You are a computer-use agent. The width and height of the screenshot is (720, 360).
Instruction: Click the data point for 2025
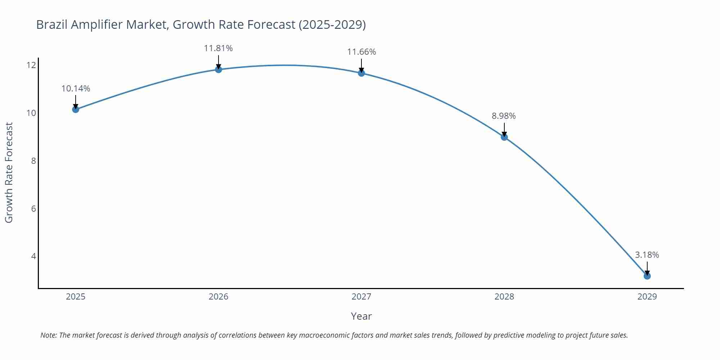pos(76,109)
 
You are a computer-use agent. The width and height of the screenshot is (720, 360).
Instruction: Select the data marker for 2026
pos(219,69)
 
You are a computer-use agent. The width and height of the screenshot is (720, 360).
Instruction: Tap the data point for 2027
pos(361,73)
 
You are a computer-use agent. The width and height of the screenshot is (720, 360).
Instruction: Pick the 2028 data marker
pos(504,137)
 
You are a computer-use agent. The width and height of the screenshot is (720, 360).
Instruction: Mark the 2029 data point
pos(647,276)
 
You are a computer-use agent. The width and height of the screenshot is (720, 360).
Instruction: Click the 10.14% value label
pos(76,89)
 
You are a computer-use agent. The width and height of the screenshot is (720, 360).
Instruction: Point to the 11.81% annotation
pos(219,48)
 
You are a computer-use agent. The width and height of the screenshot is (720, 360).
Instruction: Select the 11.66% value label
pos(361,52)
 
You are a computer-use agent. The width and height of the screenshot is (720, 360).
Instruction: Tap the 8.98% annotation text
pos(504,116)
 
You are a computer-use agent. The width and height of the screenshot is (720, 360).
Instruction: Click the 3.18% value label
pos(647,255)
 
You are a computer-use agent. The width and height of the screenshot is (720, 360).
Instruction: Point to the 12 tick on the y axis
pos(31,65)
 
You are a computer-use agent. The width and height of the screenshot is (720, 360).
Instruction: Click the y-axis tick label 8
pos(33,161)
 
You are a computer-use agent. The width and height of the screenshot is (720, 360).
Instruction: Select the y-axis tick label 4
pos(33,256)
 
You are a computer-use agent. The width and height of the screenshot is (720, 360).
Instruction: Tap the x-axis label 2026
pos(219,297)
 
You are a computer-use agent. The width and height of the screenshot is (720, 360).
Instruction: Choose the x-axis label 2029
pos(647,297)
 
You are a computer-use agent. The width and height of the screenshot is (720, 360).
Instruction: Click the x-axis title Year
pos(361,316)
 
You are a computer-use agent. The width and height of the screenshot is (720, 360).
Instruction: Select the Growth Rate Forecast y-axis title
pos(9,173)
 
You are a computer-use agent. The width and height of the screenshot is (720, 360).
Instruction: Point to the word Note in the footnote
pos(48,335)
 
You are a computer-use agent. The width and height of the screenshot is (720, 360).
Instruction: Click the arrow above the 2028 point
pos(504,129)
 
